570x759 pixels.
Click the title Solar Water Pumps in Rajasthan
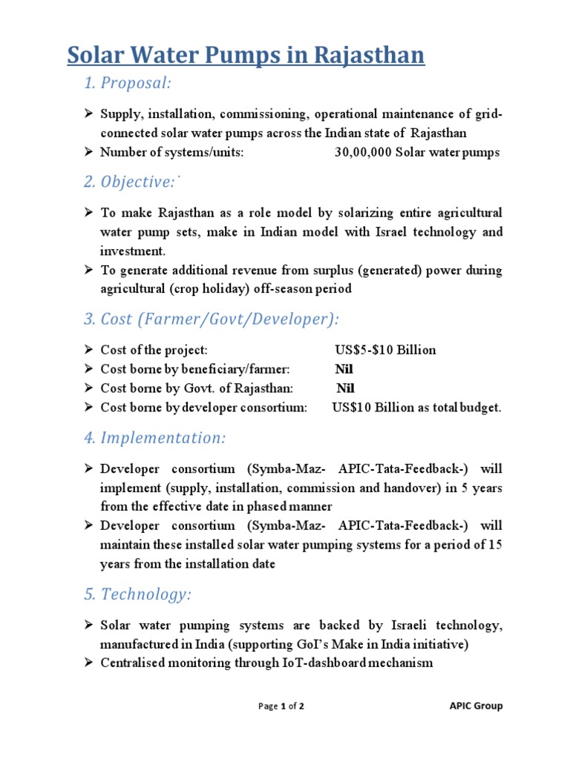246,56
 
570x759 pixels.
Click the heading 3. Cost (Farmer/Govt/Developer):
211,319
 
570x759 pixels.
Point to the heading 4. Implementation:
154,438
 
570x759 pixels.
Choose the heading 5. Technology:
137,594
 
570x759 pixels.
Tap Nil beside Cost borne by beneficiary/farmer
345,369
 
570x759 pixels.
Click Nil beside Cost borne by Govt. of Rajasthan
345,388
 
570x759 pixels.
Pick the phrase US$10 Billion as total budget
416,408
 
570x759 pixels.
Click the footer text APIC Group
476,706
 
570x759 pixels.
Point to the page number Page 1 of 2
281,706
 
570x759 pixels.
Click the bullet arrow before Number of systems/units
87,153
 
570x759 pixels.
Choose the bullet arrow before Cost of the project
87,350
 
